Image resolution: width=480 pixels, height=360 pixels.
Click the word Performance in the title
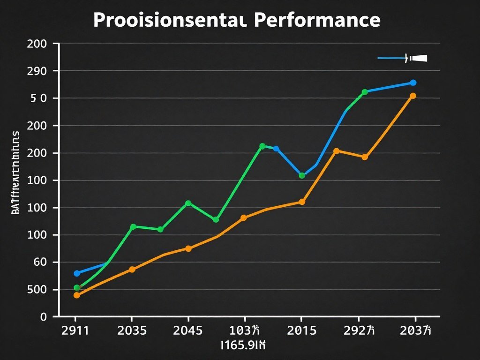click(x=317, y=20)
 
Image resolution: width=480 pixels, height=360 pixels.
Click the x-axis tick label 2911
click(x=75, y=330)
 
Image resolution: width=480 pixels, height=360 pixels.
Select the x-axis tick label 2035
click(x=132, y=330)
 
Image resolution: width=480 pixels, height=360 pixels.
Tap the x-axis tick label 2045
click(x=188, y=330)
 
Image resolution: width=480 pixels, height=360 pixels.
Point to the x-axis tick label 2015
click(x=301, y=330)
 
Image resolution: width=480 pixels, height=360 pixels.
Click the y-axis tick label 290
click(x=37, y=71)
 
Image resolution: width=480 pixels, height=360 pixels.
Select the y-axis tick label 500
click(x=37, y=290)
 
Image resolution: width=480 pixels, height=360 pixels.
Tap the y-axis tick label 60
click(x=41, y=262)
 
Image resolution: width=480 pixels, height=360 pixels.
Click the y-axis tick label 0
click(x=44, y=317)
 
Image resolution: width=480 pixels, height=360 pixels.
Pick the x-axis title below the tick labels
click(x=243, y=346)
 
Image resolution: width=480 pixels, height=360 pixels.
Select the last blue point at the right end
click(x=413, y=82)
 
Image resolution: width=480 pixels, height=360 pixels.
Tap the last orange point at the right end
click(x=413, y=96)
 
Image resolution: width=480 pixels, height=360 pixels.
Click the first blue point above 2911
click(x=77, y=273)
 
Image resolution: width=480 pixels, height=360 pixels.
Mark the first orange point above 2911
click(x=77, y=295)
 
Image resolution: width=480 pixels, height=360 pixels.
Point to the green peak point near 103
click(x=262, y=146)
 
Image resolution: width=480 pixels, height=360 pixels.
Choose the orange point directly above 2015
click(x=302, y=202)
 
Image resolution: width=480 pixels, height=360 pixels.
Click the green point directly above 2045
click(x=188, y=203)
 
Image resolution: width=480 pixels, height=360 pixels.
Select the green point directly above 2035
click(x=133, y=227)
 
